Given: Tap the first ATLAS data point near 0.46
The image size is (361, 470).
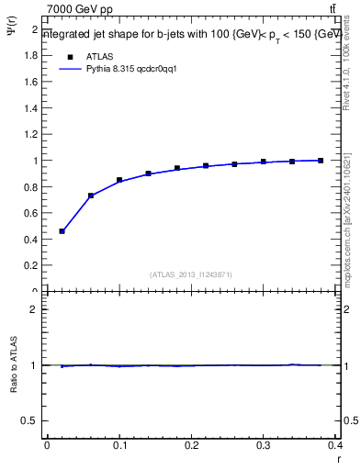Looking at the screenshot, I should pyautogui.click(x=62, y=231).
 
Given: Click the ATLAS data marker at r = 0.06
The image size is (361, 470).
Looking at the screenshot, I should pyautogui.click(x=91, y=196).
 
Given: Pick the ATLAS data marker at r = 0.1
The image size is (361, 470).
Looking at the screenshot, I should pyautogui.click(x=119, y=180).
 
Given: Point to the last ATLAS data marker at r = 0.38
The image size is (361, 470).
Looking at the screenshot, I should pyautogui.click(x=321, y=161).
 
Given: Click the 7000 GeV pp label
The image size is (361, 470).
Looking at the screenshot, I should pyautogui.click(x=80, y=9).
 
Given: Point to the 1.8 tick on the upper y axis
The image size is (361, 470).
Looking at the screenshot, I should pyautogui.click(x=32, y=55).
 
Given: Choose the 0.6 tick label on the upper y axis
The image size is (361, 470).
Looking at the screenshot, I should pyautogui.click(x=32, y=213).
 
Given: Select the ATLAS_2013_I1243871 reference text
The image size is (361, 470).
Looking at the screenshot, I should pyautogui.click(x=191, y=274).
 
